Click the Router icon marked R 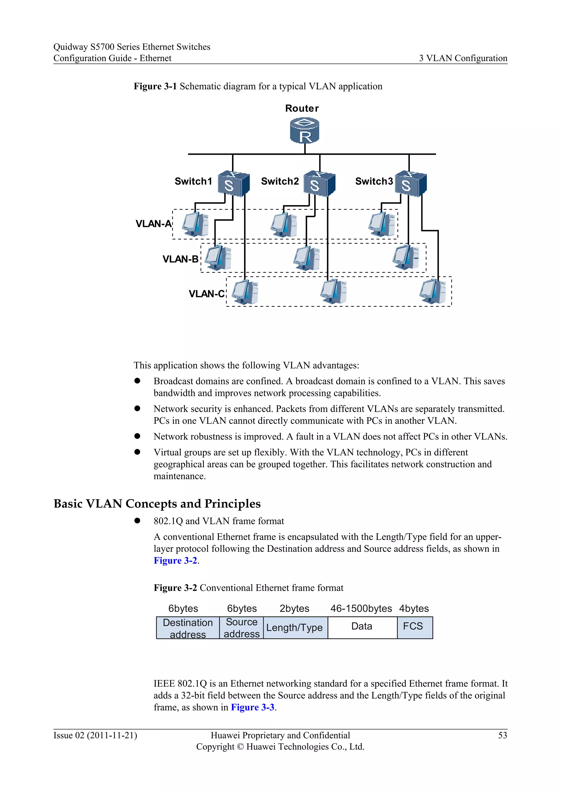(x=304, y=130)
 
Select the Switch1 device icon (x=233, y=183)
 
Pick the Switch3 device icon (x=410, y=183)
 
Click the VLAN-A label (x=153, y=224)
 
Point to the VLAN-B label (x=180, y=259)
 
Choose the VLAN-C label (x=207, y=294)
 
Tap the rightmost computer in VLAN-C (x=433, y=292)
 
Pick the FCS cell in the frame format (x=413, y=626)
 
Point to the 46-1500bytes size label (x=361, y=608)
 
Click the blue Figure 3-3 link (x=253, y=707)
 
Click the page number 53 (x=502, y=735)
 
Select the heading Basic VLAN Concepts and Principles (x=157, y=504)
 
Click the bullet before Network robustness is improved (x=138, y=436)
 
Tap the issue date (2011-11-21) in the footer (x=112, y=735)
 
